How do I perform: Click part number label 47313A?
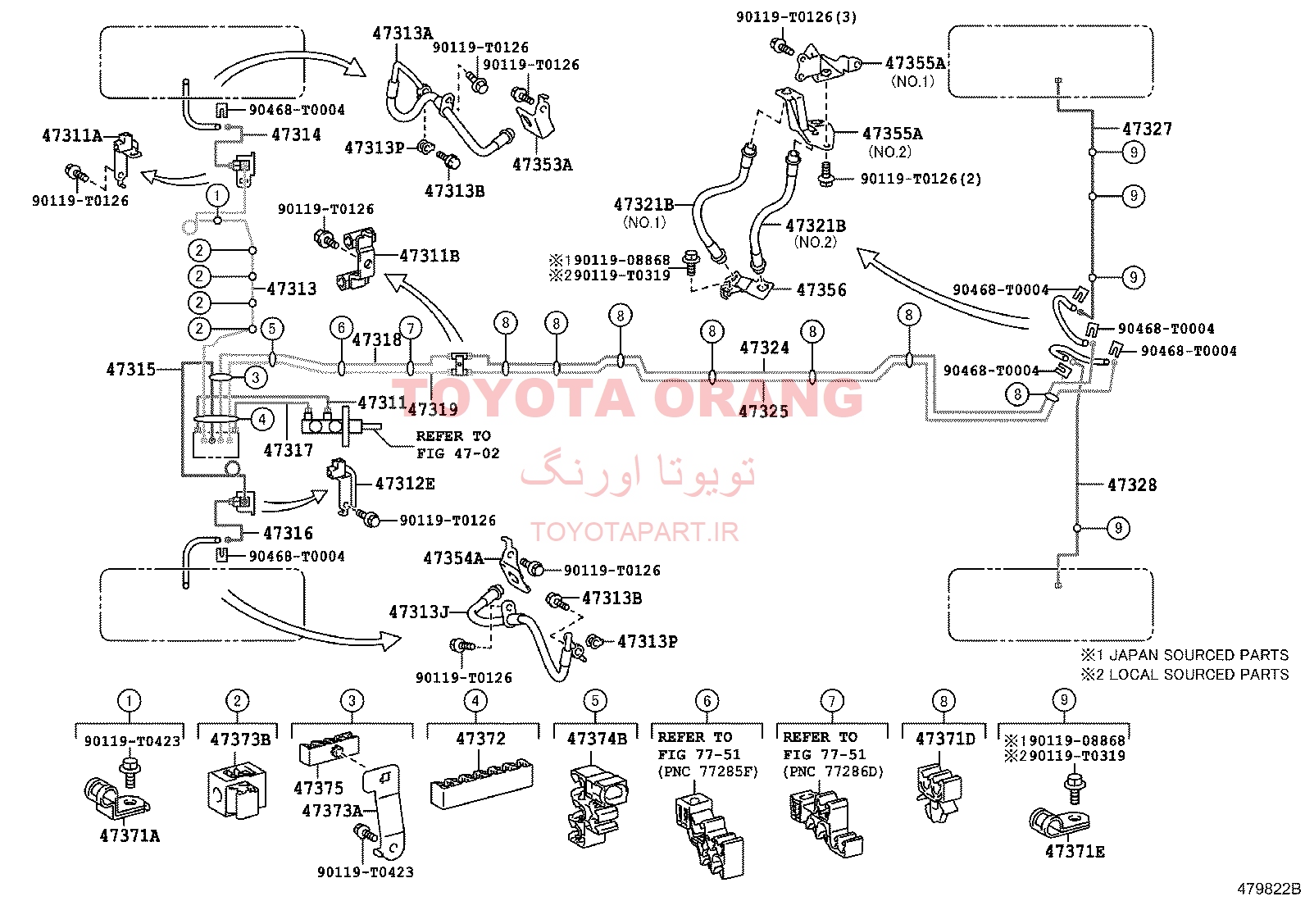pos(402,34)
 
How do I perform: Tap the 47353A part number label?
pos(543,165)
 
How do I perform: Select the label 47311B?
pos(430,256)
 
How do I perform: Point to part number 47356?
pos(821,289)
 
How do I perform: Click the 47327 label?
pos(1147,129)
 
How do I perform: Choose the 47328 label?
pos(1132,485)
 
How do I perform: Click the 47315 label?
pos(131,369)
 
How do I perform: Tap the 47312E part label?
pos(405,484)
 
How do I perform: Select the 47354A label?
pos(454,558)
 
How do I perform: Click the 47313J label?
pos(419,612)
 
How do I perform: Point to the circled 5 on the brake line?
pos(272,329)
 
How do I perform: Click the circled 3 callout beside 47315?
pos(256,378)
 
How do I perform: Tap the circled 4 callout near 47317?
pos(262,419)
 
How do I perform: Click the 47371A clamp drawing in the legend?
pos(116,796)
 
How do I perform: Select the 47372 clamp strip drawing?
pos(482,783)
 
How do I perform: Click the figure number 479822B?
pos(1269,889)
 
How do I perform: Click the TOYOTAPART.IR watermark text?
pos(634,531)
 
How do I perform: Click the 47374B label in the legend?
pos(597,739)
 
